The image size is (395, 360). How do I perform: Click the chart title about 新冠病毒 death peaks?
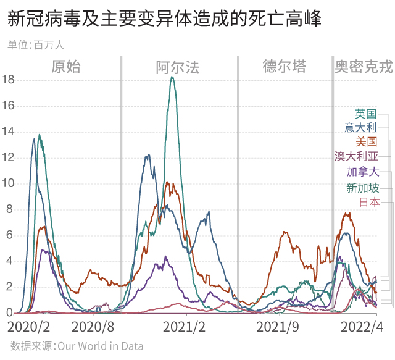pos(165,19)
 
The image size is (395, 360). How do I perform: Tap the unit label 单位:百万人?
pos(36,44)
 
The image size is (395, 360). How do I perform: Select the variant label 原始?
pos(66,67)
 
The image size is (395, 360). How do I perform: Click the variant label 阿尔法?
pos(178,67)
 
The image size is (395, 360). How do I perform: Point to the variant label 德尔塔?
pos(284,67)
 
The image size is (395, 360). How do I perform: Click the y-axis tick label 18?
pos(8,80)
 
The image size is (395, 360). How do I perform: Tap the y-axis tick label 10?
pos(8,183)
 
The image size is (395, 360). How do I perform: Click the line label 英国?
pos(365,114)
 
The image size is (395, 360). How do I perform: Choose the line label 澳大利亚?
pos(356,157)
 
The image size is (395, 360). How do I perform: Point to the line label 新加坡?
pos(362,188)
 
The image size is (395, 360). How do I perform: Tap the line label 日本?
pos(368,202)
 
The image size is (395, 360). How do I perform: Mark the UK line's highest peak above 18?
pos(172,77)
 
